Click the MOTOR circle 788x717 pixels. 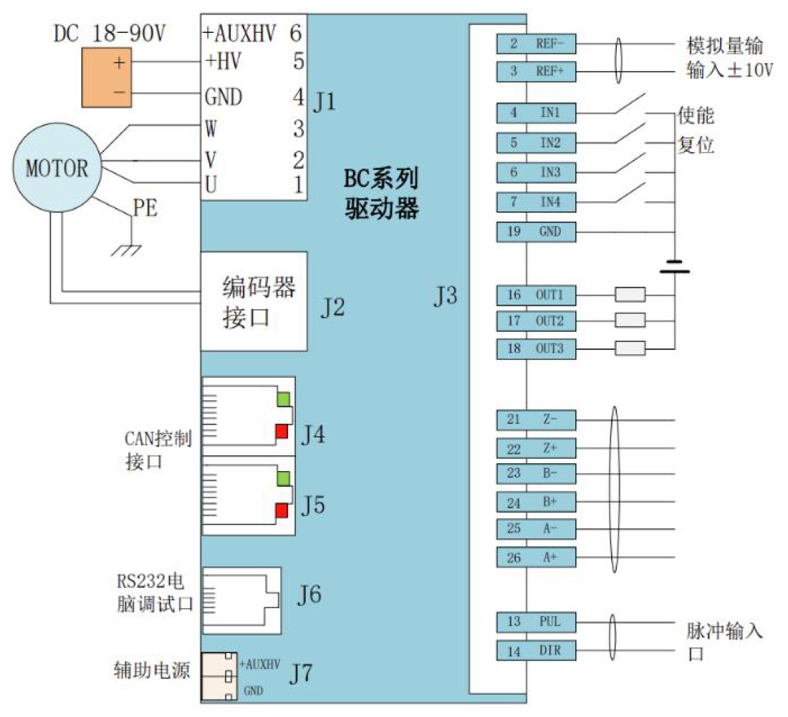(x=57, y=168)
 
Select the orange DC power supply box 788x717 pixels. (x=107, y=77)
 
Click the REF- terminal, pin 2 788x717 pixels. (x=536, y=44)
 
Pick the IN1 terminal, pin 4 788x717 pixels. (x=536, y=113)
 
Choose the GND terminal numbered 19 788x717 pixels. (x=536, y=232)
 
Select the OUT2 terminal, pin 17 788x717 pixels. (x=536, y=321)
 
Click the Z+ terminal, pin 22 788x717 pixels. (x=536, y=448)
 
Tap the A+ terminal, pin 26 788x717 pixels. (x=536, y=558)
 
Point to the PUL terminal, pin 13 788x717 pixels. (x=536, y=622)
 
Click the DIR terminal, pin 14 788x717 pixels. (x=536, y=650)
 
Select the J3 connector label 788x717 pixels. (x=446, y=295)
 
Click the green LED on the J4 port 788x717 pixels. (x=283, y=399)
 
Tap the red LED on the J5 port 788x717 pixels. (x=282, y=511)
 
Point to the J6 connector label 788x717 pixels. (x=309, y=594)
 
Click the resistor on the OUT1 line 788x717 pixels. (x=630, y=295)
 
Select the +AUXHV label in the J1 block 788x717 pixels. (x=239, y=34)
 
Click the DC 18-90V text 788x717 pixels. (x=109, y=33)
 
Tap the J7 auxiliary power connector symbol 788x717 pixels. (x=219, y=676)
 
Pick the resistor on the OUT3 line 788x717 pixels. (x=630, y=348)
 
